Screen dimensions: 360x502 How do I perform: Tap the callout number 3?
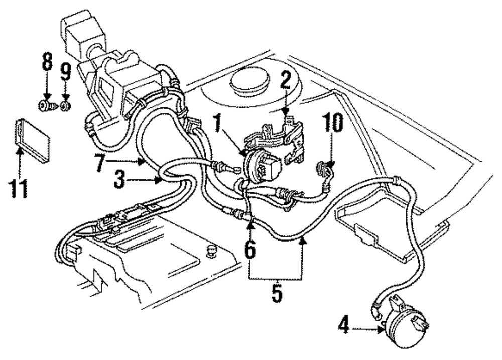(118, 179)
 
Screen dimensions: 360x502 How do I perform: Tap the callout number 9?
(65, 74)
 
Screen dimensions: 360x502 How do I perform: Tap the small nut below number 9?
(65, 106)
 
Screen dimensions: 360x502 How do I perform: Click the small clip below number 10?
(322, 167)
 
